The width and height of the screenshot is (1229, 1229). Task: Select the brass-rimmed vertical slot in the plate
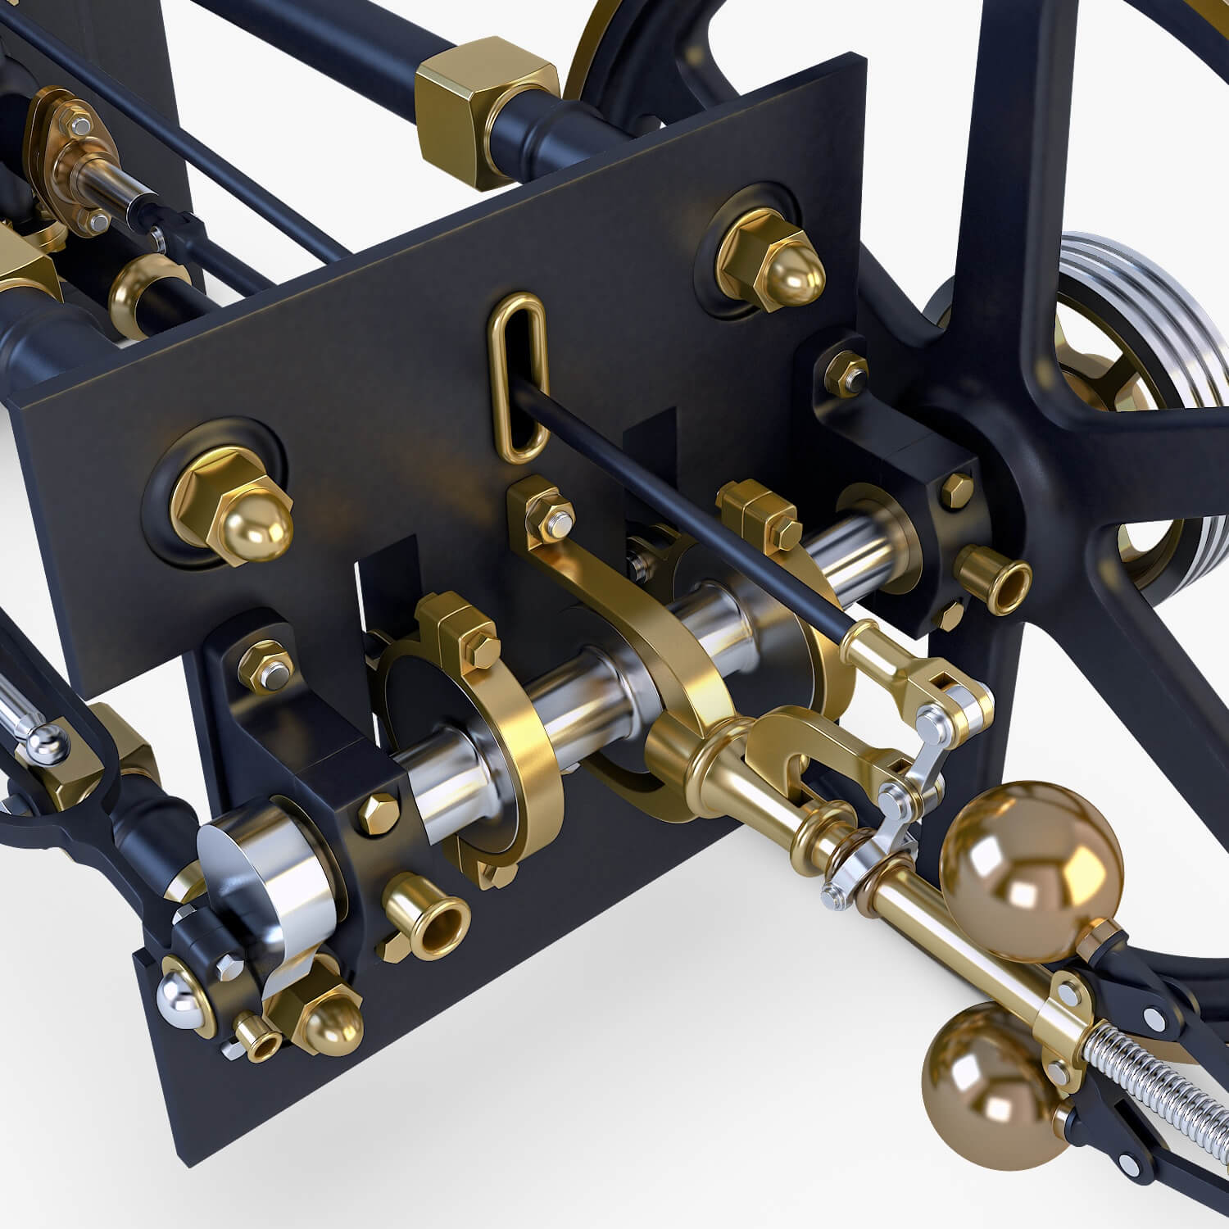517,377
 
